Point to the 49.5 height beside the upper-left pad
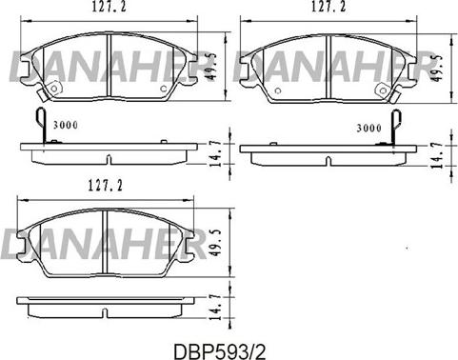212,68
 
